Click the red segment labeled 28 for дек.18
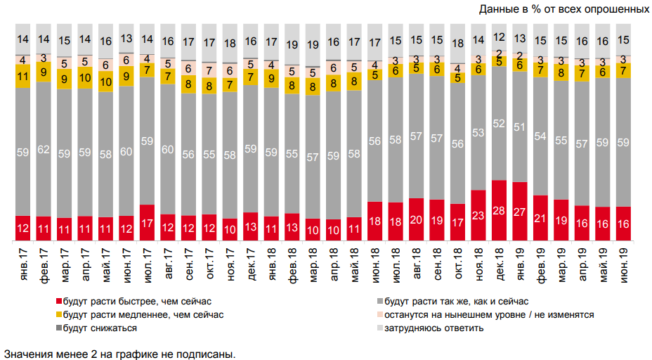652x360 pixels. click(500, 210)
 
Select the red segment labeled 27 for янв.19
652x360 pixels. click(520, 211)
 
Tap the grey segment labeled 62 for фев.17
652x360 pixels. click(44, 149)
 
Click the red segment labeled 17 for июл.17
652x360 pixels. click(148, 222)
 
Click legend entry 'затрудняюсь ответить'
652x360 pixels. click(429, 328)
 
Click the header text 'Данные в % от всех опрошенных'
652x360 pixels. click(563, 10)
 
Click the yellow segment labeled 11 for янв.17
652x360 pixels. click(23, 76)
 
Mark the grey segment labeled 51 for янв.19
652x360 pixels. click(520, 127)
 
